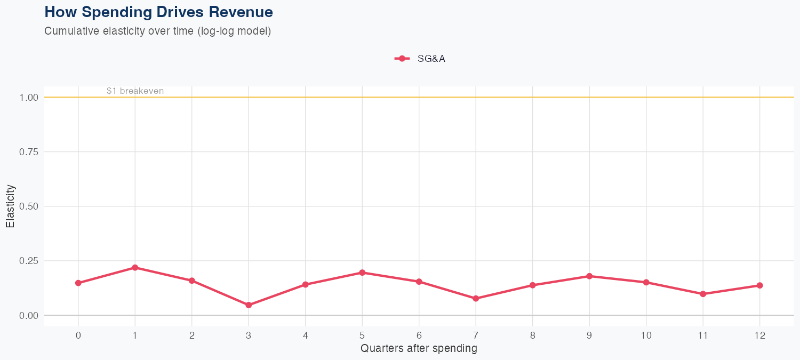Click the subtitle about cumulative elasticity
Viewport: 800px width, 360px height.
tap(158, 31)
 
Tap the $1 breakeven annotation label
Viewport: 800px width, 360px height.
tap(135, 91)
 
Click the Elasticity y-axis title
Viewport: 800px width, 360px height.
tap(10, 206)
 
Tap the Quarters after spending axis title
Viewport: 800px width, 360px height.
tap(419, 349)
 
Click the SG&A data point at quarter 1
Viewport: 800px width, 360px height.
tap(135, 267)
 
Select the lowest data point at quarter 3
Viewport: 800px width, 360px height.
tap(249, 305)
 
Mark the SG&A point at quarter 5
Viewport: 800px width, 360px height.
tap(362, 273)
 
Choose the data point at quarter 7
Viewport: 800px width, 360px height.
tap(476, 299)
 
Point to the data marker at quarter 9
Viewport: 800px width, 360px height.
tap(589, 276)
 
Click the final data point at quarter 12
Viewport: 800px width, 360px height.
tap(759, 285)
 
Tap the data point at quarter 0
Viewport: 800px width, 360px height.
tap(78, 283)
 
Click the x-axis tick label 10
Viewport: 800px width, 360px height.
tap(646, 335)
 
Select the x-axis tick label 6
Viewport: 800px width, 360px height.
tap(419, 335)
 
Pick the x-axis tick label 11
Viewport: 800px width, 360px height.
tap(702, 335)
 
